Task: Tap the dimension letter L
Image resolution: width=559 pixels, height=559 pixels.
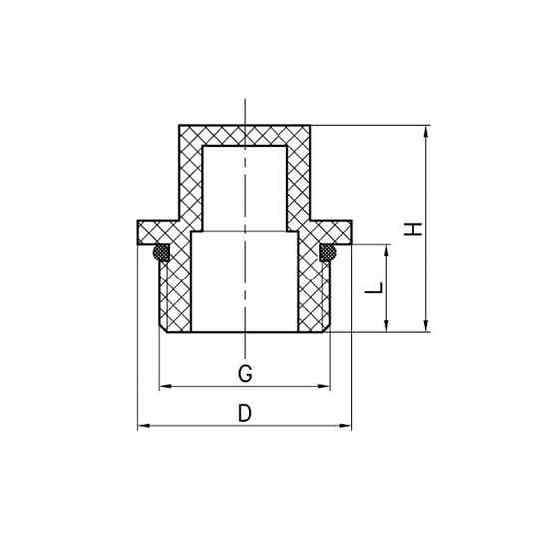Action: (375, 288)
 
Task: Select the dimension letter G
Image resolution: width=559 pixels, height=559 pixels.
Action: (244, 374)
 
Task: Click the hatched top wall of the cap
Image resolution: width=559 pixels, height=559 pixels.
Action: (244, 135)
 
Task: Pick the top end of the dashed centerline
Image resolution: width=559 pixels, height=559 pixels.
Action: (244, 100)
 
